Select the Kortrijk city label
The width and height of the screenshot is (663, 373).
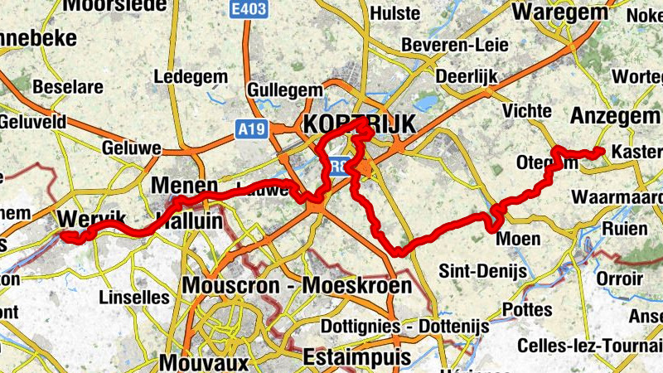[x=360, y=124]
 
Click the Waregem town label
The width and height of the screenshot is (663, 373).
[x=556, y=12]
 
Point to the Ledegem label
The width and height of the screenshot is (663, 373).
[x=191, y=77]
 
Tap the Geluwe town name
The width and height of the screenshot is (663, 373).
[x=132, y=148]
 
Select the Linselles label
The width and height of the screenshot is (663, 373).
[x=133, y=296]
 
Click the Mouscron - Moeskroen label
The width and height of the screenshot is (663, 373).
[x=297, y=286]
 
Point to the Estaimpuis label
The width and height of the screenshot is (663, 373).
[x=356, y=357]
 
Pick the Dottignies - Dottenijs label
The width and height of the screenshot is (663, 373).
[x=404, y=326]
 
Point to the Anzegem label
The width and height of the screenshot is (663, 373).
[x=615, y=116]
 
